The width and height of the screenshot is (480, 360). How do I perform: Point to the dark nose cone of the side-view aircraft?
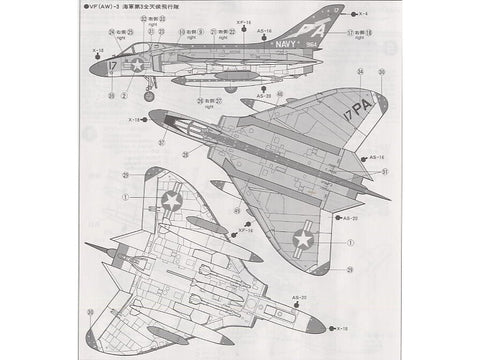[x=96, y=70]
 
